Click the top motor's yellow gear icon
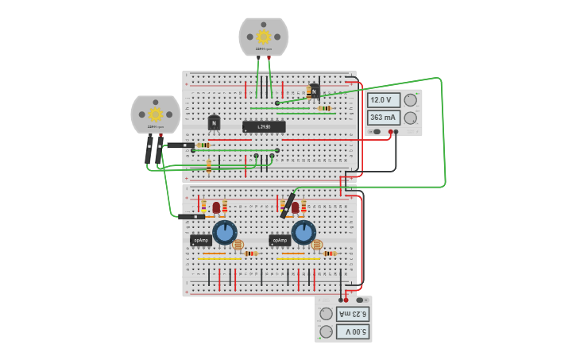[264, 37]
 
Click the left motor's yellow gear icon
[156, 114]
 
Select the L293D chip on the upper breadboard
[264, 126]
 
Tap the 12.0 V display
[384, 100]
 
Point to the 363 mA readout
[384, 118]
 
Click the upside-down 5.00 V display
[353, 331]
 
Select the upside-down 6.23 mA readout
[353, 313]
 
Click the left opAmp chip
[200, 240]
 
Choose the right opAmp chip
[279, 240]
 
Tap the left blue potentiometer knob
[225, 233]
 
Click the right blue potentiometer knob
[303, 233]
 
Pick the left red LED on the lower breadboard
[216, 207]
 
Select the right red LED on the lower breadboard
[296, 207]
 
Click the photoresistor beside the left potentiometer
[238, 246]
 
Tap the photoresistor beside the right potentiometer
[317, 246]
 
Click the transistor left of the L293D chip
[214, 123]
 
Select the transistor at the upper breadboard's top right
[315, 91]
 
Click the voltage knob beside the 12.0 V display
[410, 100]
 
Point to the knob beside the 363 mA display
[410, 118]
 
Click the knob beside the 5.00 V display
[326, 331]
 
